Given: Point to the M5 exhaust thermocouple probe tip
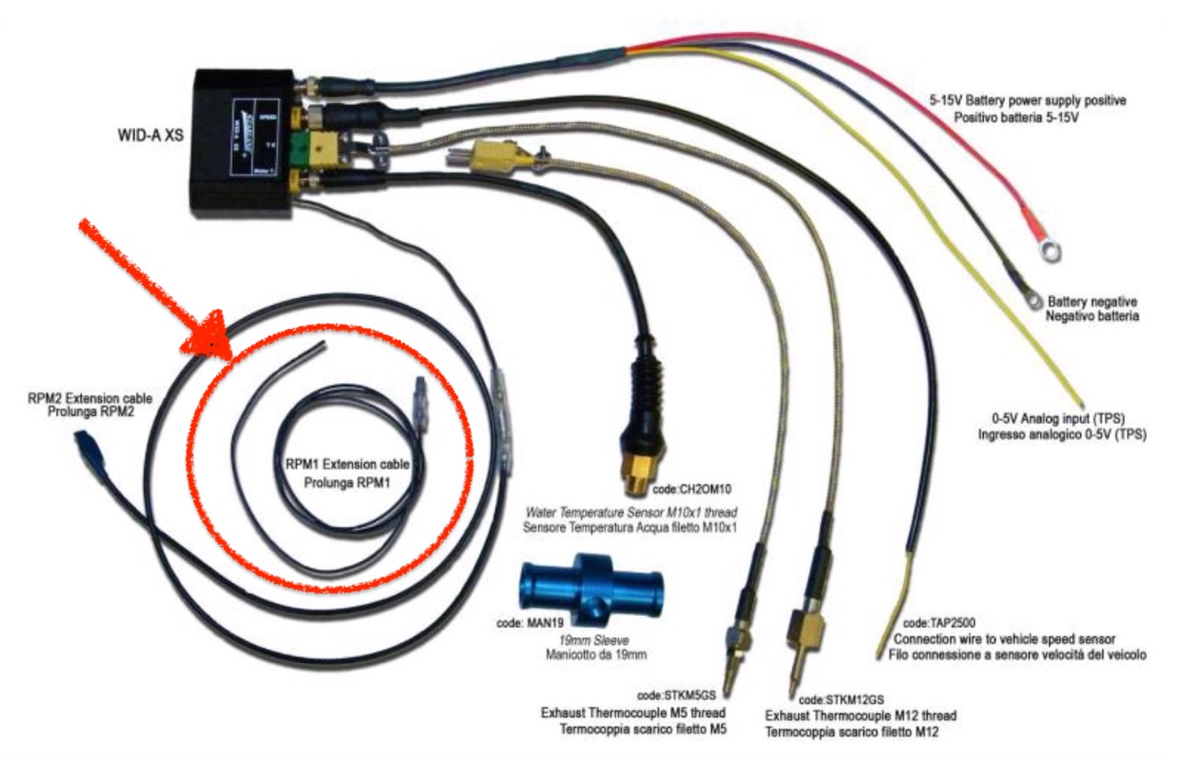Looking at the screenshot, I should tap(727, 685).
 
